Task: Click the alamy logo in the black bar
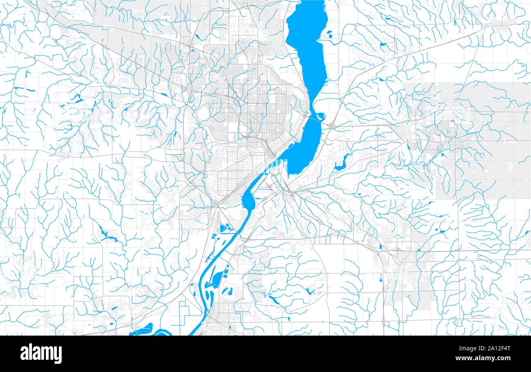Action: click(41, 354)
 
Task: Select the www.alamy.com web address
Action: click(486, 359)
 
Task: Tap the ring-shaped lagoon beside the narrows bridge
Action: click(320, 116)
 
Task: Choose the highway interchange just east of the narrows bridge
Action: click(332, 125)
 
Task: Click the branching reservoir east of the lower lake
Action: click(341, 164)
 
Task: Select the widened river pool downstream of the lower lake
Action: click(248, 200)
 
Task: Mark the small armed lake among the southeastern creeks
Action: click(308, 291)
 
